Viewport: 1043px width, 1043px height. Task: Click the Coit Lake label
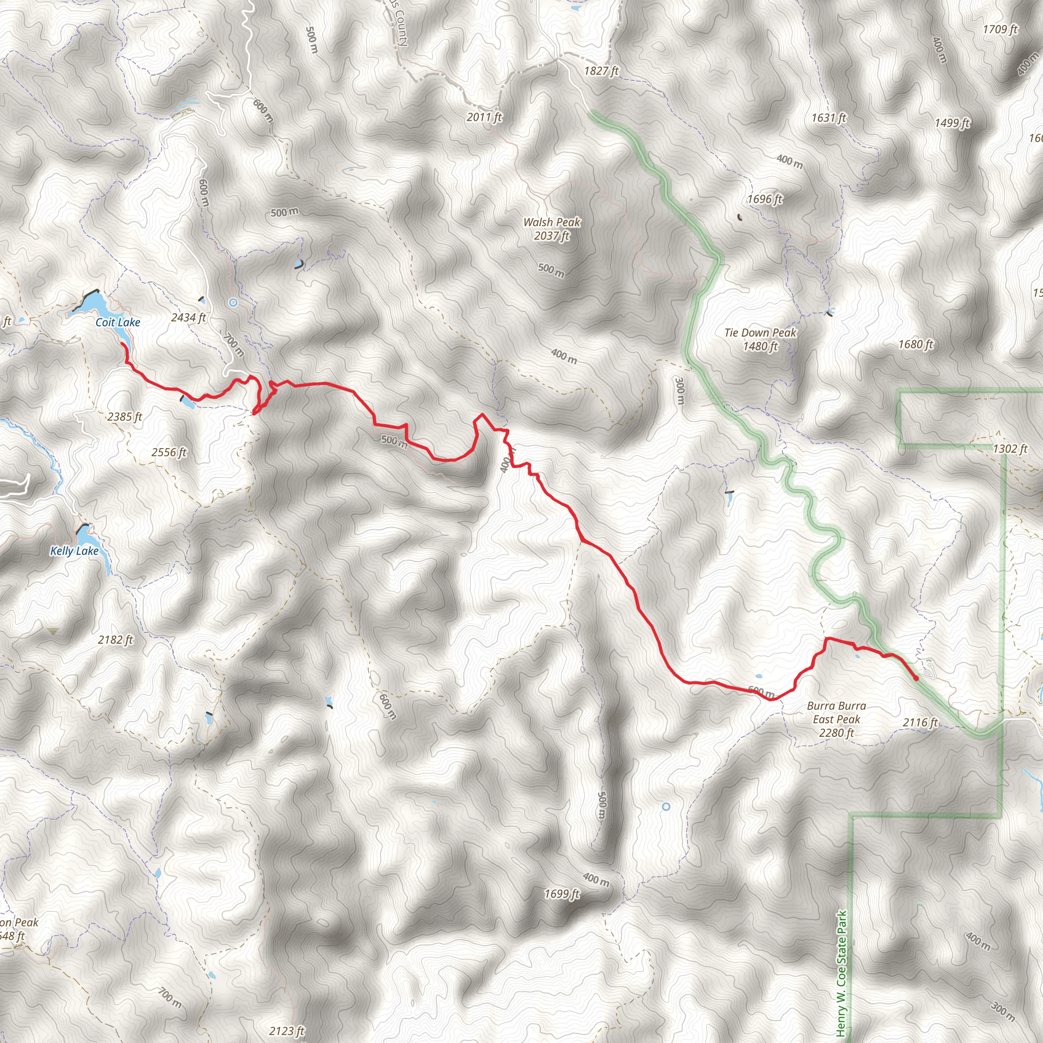118,322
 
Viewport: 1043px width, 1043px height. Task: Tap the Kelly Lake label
74,551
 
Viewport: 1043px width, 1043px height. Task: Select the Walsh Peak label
552,229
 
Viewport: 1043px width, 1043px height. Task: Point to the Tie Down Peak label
760,339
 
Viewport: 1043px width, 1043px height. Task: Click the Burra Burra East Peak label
836,719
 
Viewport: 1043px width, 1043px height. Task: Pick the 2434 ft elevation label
188,317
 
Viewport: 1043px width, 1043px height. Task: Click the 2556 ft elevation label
169,452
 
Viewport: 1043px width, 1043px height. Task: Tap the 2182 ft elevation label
116,640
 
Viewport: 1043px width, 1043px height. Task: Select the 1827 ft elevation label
601,71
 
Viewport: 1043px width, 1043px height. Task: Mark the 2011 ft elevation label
484,117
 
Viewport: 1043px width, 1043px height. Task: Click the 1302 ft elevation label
1010,449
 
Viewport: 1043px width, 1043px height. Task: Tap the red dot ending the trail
916,678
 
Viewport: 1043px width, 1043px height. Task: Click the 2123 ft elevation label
287,1031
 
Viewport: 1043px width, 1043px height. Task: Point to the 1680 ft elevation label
916,344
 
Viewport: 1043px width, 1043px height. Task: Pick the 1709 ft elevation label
1000,29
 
